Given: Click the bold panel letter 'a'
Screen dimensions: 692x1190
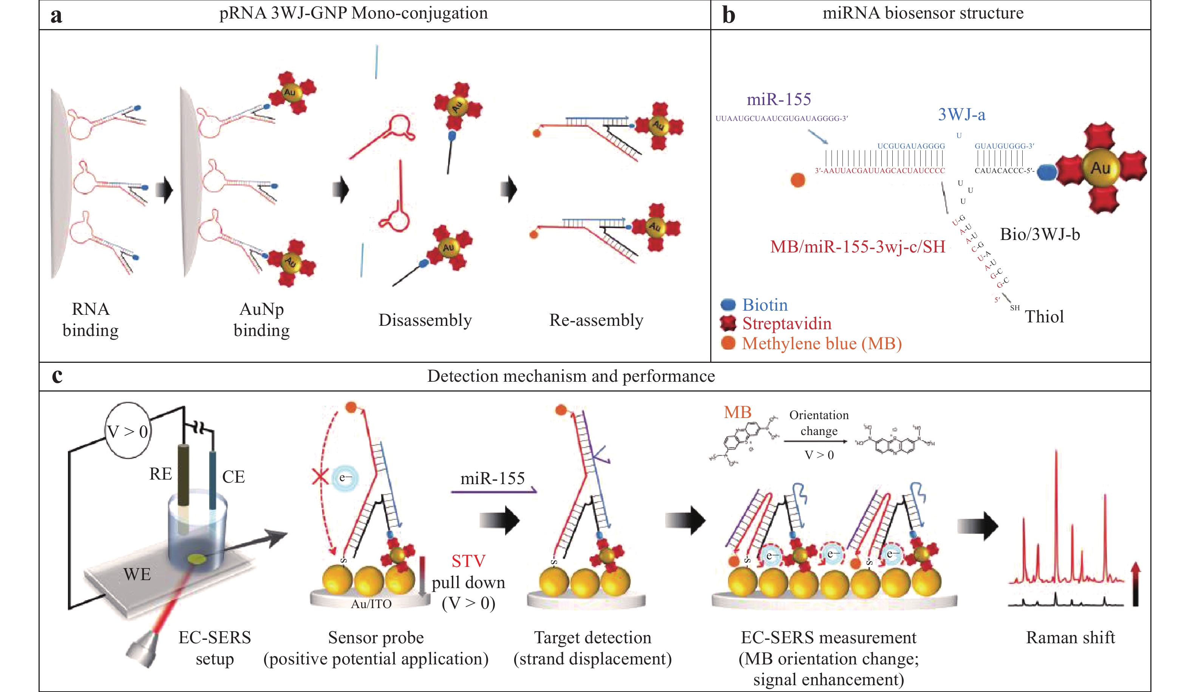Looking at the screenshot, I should pyautogui.click(x=56, y=15).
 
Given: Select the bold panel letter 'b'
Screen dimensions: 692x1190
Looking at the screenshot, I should pyautogui.click(x=729, y=15).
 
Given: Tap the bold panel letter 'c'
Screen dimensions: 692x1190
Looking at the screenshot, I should pyautogui.click(x=57, y=376).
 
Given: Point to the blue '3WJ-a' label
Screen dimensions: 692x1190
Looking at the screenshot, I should pyautogui.click(x=961, y=115).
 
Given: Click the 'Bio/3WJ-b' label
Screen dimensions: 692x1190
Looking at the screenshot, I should pyautogui.click(x=1040, y=234).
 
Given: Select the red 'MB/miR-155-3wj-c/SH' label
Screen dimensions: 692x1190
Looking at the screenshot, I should pyautogui.click(x=858, y=246).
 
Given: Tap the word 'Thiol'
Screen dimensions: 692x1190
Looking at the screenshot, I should pyautogui.click(x=1044, y=316).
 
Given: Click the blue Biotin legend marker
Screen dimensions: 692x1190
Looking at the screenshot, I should pyautogui.click(x=728, y=305).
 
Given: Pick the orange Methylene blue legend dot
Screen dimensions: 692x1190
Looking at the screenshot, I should pyautogui.click(x=728, y=344).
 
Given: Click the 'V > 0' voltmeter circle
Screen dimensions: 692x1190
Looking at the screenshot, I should pyautogui.click(x=128, y=431).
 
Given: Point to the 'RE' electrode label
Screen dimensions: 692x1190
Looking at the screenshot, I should pyautogui.click(x=161, y=474).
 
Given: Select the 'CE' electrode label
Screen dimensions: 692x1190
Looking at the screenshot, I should pyautogui.click(x=233, y=477).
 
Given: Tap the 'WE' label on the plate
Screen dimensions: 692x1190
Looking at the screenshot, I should pyautogui.click(x=137, y=574).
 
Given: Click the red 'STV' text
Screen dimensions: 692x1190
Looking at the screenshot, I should pyautogui.click(x=468, y=561).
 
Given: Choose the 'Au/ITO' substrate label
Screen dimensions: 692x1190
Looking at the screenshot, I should pyautogui.click(x=371, y=604).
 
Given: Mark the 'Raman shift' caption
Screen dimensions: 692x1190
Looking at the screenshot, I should pyautogui.click(x=1070, y=638).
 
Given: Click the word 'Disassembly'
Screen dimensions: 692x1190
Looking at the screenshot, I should pyautogui.click(x=425, y=320).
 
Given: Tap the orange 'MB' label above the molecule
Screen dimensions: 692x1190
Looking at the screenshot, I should pyautogui.click(x=737, y=412).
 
